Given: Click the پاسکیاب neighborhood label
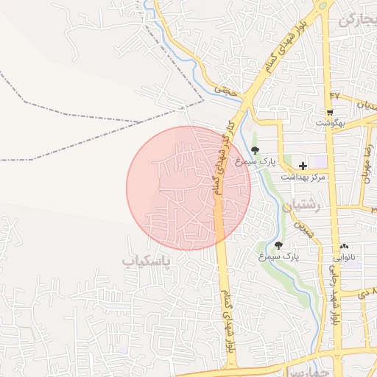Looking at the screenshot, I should pos(146,261).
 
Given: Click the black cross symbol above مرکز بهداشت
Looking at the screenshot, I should pos(303,166).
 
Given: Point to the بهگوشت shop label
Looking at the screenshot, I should pos(328,123).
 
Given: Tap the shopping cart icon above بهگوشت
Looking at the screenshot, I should pos(329,112).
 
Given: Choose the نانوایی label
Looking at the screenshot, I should pos(345,257).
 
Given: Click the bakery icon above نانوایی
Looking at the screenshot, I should pos(345,246).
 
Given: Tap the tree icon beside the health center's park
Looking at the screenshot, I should pos(256,150).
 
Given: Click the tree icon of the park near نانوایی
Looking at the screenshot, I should pos(279,245).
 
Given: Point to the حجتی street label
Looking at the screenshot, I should pos(226,91).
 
